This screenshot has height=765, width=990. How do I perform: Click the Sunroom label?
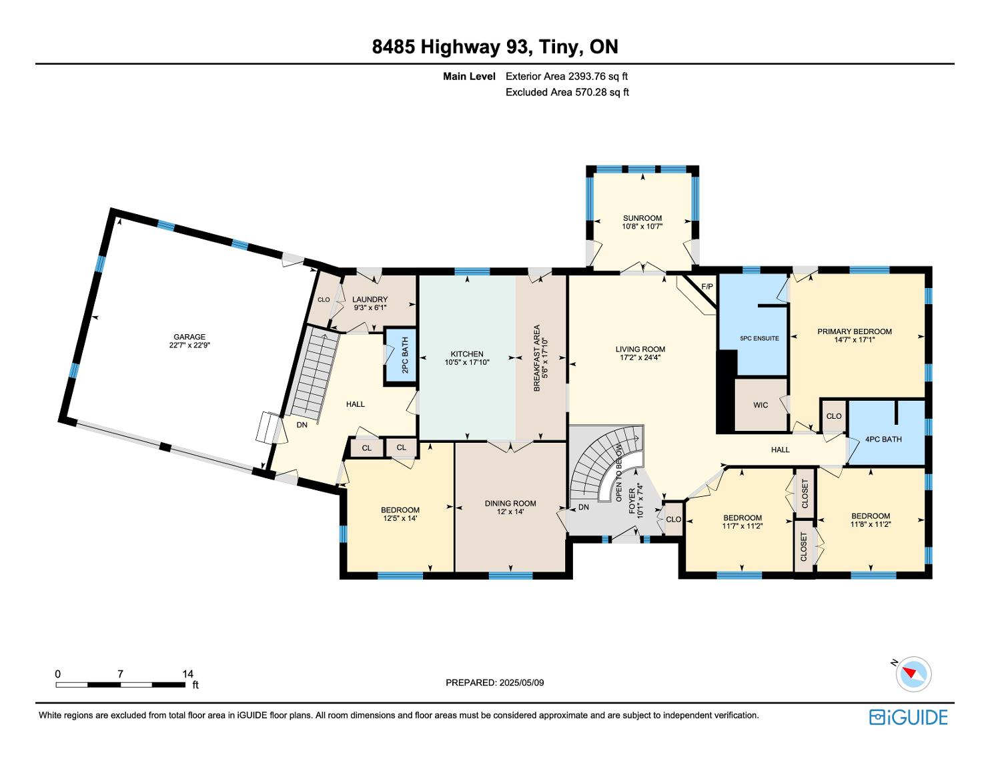point(642,218)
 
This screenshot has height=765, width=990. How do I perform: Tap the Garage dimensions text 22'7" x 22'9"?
point(189,345)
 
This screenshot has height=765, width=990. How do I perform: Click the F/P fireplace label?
point(707,286)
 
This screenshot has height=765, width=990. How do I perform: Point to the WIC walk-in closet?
point(761,405)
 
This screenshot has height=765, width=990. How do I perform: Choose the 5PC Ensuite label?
point(759,338)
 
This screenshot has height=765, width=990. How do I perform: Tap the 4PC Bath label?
point(883,440)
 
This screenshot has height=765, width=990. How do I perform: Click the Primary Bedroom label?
point(855,331)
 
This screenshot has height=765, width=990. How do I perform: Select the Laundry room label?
point(370,299)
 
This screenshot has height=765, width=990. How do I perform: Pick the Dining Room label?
point(510,503)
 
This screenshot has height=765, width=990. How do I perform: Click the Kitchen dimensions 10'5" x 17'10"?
point(467,362)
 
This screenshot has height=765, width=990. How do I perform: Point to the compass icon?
point(913,674)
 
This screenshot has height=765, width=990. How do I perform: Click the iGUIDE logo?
point(909,717)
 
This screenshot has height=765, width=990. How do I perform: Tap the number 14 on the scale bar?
point(187,674)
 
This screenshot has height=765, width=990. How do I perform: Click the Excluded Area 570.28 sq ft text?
point(567,92)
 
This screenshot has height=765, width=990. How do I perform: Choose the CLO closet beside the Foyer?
point(674,519)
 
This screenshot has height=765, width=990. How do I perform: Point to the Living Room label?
point(640,349)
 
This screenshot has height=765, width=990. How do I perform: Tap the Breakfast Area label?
point(536,358)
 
